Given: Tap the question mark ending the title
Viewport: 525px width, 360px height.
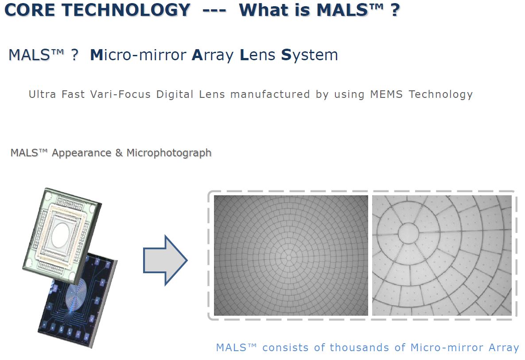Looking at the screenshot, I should pyautogui.click(x=395, y=9).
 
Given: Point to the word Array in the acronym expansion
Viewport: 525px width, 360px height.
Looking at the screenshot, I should pyautogui.click(x=213, y=55).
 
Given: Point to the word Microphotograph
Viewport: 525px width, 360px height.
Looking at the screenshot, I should pyautogui.click(x=169, y=153).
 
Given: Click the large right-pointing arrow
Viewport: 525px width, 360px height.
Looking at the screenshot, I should pyautogui.click(x=165, y=260).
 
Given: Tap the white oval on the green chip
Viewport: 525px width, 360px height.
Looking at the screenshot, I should pyautogui.click(x=65, y=230).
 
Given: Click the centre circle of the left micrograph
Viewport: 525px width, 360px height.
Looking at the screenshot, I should pyautogui.click(x=288, y=257).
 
